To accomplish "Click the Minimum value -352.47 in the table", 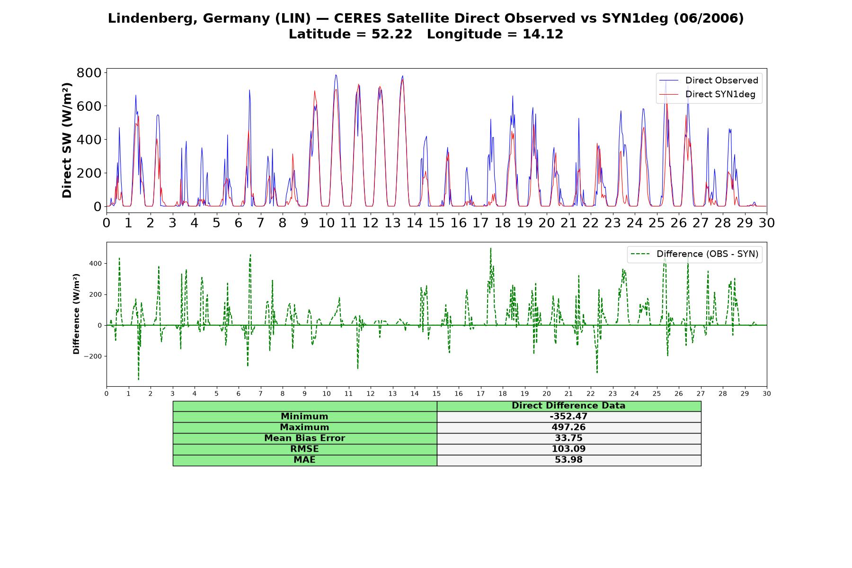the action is click(x=568, y=417).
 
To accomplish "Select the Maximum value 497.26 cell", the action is click(x=568, y=427).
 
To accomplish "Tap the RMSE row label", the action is click(x=305, y=449).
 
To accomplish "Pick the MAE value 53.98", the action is click(x=568, y=460).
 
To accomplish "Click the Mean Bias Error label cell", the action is click(x=305, y=438).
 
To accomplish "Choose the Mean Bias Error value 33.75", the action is click(x=568, y=438).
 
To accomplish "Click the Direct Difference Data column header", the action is click(x=568, y=406).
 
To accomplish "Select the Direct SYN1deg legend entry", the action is click(x=708, y=94).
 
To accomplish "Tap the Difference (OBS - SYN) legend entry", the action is click(x=694, y=254).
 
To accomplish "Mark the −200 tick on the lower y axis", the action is click(x=93, y=356).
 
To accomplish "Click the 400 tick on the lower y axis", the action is click(x=95, y=263).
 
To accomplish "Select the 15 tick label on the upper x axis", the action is click(x=436, y=222).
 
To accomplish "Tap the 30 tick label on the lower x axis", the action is click(x=767, y=394).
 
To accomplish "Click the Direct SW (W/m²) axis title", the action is click(x=67, y=140).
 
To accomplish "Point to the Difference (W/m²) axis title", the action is click(x=76, y=314).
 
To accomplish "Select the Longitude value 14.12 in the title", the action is click(x=543, y=34).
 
